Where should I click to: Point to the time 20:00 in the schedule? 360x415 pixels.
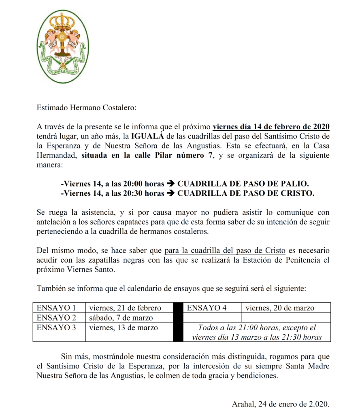point(124,184)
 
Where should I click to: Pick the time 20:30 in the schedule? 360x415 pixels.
point(124,193)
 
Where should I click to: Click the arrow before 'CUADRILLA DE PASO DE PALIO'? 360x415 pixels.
point(171,184)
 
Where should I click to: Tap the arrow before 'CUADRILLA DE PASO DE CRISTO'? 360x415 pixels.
point(171,193)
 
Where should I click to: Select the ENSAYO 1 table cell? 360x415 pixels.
point(57,308)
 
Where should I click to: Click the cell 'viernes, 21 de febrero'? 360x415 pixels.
point(125,308)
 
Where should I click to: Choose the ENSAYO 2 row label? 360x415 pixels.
point(57,317)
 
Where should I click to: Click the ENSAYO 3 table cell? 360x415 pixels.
point(57,327)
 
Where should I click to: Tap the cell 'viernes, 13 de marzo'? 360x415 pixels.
point(124,327)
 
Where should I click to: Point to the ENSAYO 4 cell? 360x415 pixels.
point(207,308)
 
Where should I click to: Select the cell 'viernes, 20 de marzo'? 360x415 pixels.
point(280,308)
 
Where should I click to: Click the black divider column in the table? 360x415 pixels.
point(178,322)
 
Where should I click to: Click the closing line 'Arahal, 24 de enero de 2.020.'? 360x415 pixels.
point(281,404)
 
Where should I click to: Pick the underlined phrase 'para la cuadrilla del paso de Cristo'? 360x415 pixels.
point(225,250)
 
